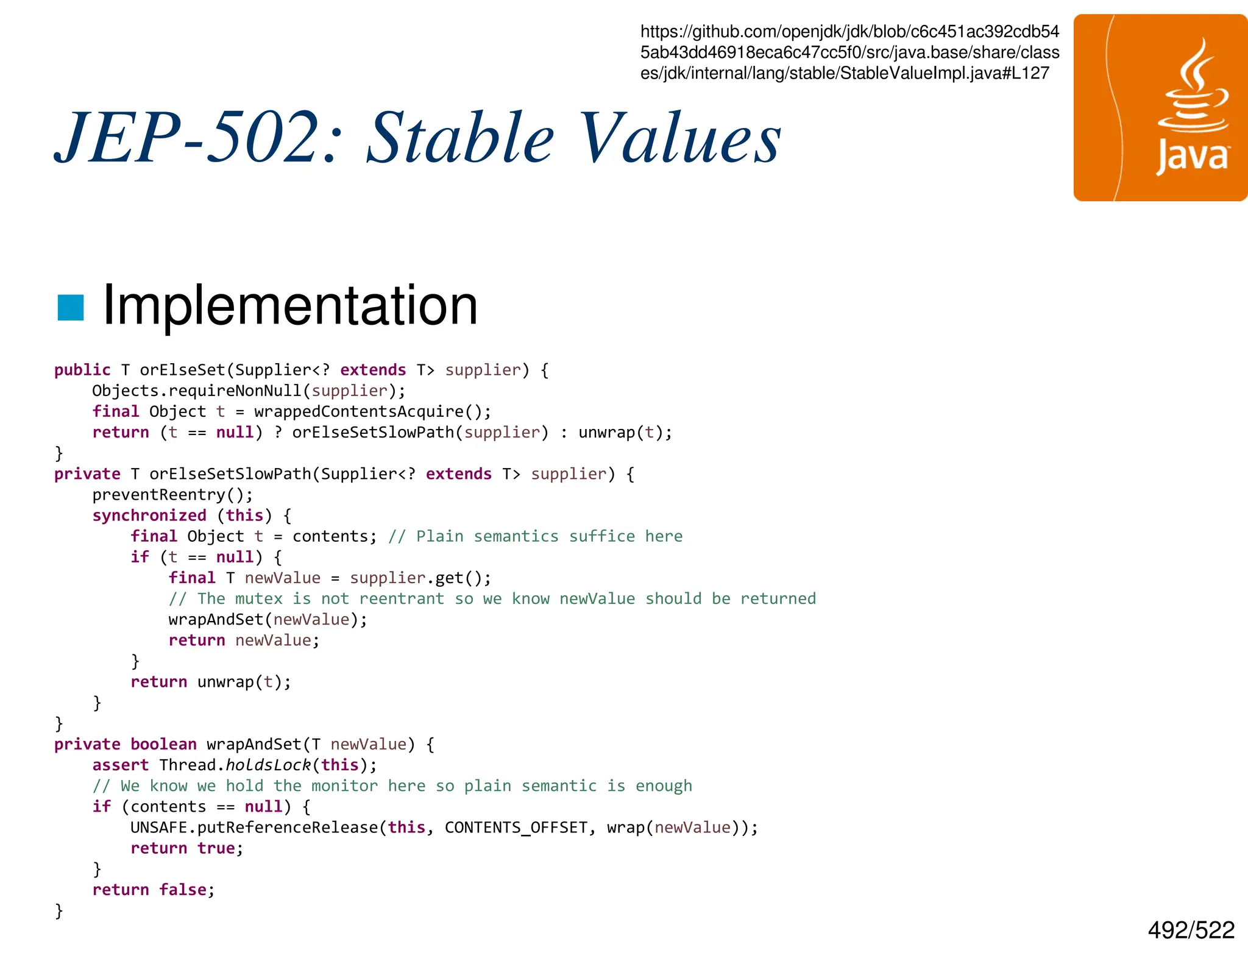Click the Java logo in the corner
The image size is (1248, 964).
tap(1160, 108)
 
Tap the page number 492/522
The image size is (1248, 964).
tap(1191, 930)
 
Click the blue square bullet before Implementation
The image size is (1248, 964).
tap(70, 307)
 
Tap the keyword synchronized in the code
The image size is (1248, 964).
tap(149, 516)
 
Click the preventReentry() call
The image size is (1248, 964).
tap(172, 495)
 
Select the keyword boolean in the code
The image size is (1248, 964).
tap(163, 744)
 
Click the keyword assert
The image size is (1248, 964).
tap(120, 765)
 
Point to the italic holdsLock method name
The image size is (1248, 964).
tap(268, 765)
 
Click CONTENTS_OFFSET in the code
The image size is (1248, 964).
tap(516, 828)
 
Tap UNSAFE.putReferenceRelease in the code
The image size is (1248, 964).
tap(254, 828)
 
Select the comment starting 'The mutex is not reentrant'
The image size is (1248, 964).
tap(492, 598)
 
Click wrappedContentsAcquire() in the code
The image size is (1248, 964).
tap(372, 412)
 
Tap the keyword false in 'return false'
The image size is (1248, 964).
tap(183, 890)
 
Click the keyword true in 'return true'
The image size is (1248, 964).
tap(216, 848)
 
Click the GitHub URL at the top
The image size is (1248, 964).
tap(849, 52)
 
